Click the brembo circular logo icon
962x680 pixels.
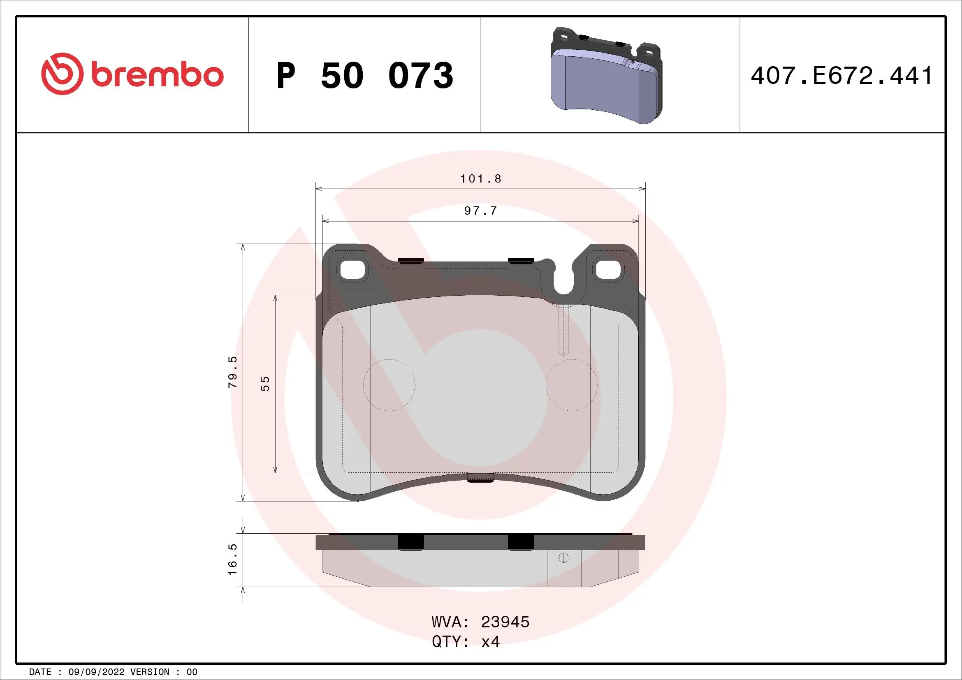click(x=62, y=74)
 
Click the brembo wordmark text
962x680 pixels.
click(x=157, y=75)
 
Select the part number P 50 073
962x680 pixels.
click(x=364, y=76)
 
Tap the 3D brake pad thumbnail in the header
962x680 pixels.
click(x=606, y=76)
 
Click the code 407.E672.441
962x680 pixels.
click(x=841, y=76)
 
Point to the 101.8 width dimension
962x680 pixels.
click(x=480, y=179)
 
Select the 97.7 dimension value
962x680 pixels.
click(x=480, y=210)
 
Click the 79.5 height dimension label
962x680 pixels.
click(x=233, y=372)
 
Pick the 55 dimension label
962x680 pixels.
click(x=265, y=384)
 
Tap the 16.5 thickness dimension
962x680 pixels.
click(x=233, y=560)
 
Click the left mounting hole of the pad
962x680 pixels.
click(x=353, y=270)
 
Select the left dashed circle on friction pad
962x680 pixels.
click(x=389, y=385)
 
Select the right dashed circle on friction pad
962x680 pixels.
click(x=572, y=385)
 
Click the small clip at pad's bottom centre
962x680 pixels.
click(x=480, y=478)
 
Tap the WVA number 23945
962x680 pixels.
click(x=505, y=622)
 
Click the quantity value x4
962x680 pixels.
click(x=490, y=642)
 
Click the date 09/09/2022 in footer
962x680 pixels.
click(x=96, y=672)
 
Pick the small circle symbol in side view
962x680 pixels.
click(x=563, y=558)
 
